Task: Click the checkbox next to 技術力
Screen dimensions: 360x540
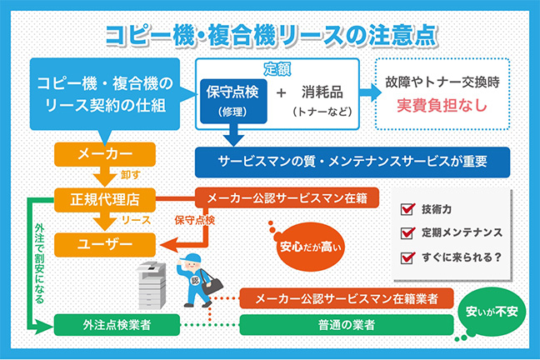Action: [408, 209]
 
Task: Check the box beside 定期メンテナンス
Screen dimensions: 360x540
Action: [408, 232]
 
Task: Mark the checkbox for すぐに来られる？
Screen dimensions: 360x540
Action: [408, 256]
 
